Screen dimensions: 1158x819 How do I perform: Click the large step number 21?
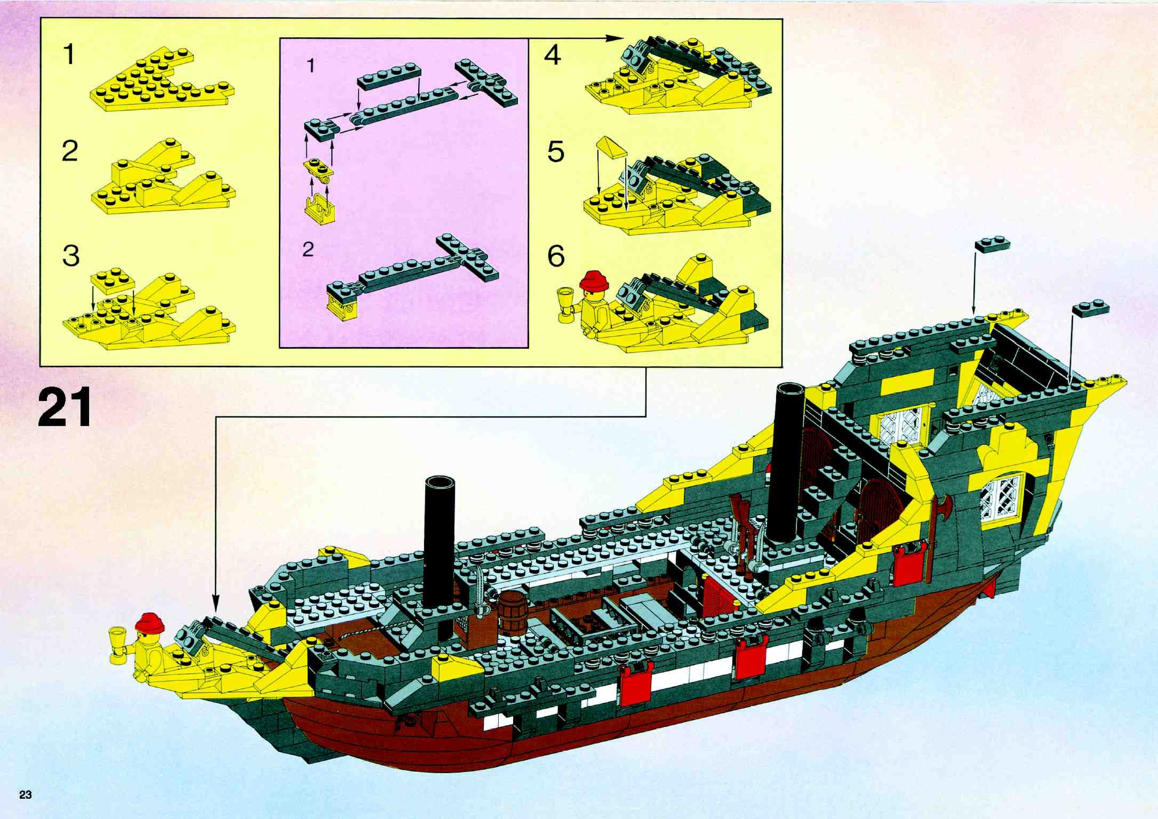tap(65, 407)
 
